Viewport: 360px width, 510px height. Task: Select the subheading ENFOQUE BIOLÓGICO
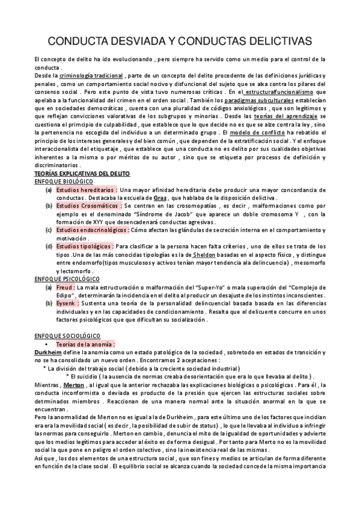[63, 181]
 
